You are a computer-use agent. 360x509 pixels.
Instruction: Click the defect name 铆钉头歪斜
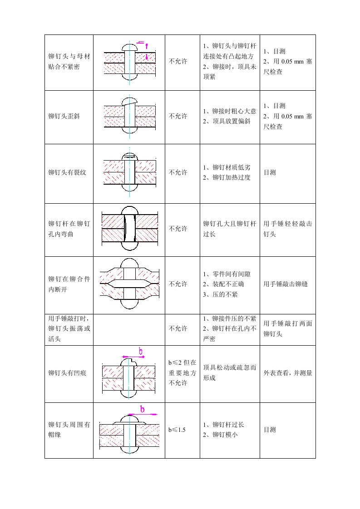click(x=64, y=116)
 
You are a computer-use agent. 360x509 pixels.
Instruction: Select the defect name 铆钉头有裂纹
click(x=67, y=172)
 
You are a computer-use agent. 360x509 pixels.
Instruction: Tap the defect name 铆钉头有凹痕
click(x=67, y=373)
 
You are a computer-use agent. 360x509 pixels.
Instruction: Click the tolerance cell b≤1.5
click(x=177, y=430)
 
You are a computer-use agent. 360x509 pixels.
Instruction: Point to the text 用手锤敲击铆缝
click(x=286, y=284)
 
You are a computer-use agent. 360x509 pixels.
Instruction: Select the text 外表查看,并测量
click(x=288, y=373)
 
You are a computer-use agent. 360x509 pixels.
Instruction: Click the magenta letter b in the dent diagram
click(x=141, y=351)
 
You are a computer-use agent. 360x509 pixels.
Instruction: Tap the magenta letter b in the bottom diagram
click(x=142, y=409)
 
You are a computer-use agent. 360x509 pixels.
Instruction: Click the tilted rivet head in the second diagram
click(x=129, y=101)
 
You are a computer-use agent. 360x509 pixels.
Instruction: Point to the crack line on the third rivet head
click(x=129, y=157)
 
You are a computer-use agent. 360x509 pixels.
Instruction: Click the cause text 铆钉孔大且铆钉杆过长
click(x=230, y=229)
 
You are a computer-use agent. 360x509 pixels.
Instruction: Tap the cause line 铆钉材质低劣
click(x=227, y=167)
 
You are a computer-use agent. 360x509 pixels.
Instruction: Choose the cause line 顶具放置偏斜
click(x=227, y=122)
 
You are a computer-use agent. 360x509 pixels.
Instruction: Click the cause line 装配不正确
click(x=223, y=284)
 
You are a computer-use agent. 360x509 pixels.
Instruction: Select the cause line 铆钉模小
click(x=220, y=435)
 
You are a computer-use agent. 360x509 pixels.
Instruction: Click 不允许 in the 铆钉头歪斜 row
click(x=178, y=116)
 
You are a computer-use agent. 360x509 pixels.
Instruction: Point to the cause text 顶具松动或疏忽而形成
click(x=230, y=372)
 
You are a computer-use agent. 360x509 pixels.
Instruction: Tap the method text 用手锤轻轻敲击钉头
click(x=288, y=229)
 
